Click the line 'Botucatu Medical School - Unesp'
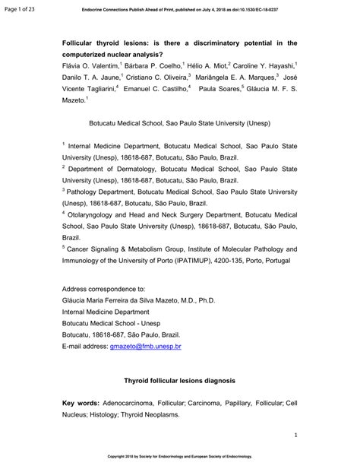pyautogui.click(x=120, y=323)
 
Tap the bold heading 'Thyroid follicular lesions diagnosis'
pyautogui.click(x=178, y=379)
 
